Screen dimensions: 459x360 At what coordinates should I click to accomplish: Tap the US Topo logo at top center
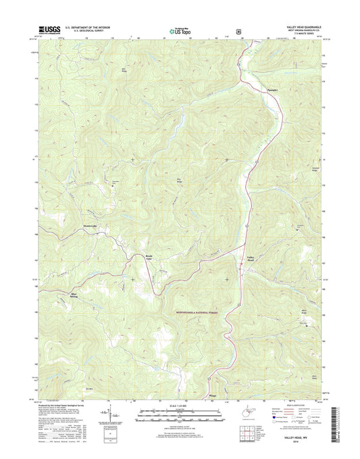tap(179, 29)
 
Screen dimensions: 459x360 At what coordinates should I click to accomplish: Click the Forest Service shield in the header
tap(238, 30)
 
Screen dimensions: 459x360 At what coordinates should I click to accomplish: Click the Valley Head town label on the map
tap(251, 258)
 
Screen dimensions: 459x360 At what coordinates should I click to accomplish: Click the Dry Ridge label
tap(179, 180)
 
